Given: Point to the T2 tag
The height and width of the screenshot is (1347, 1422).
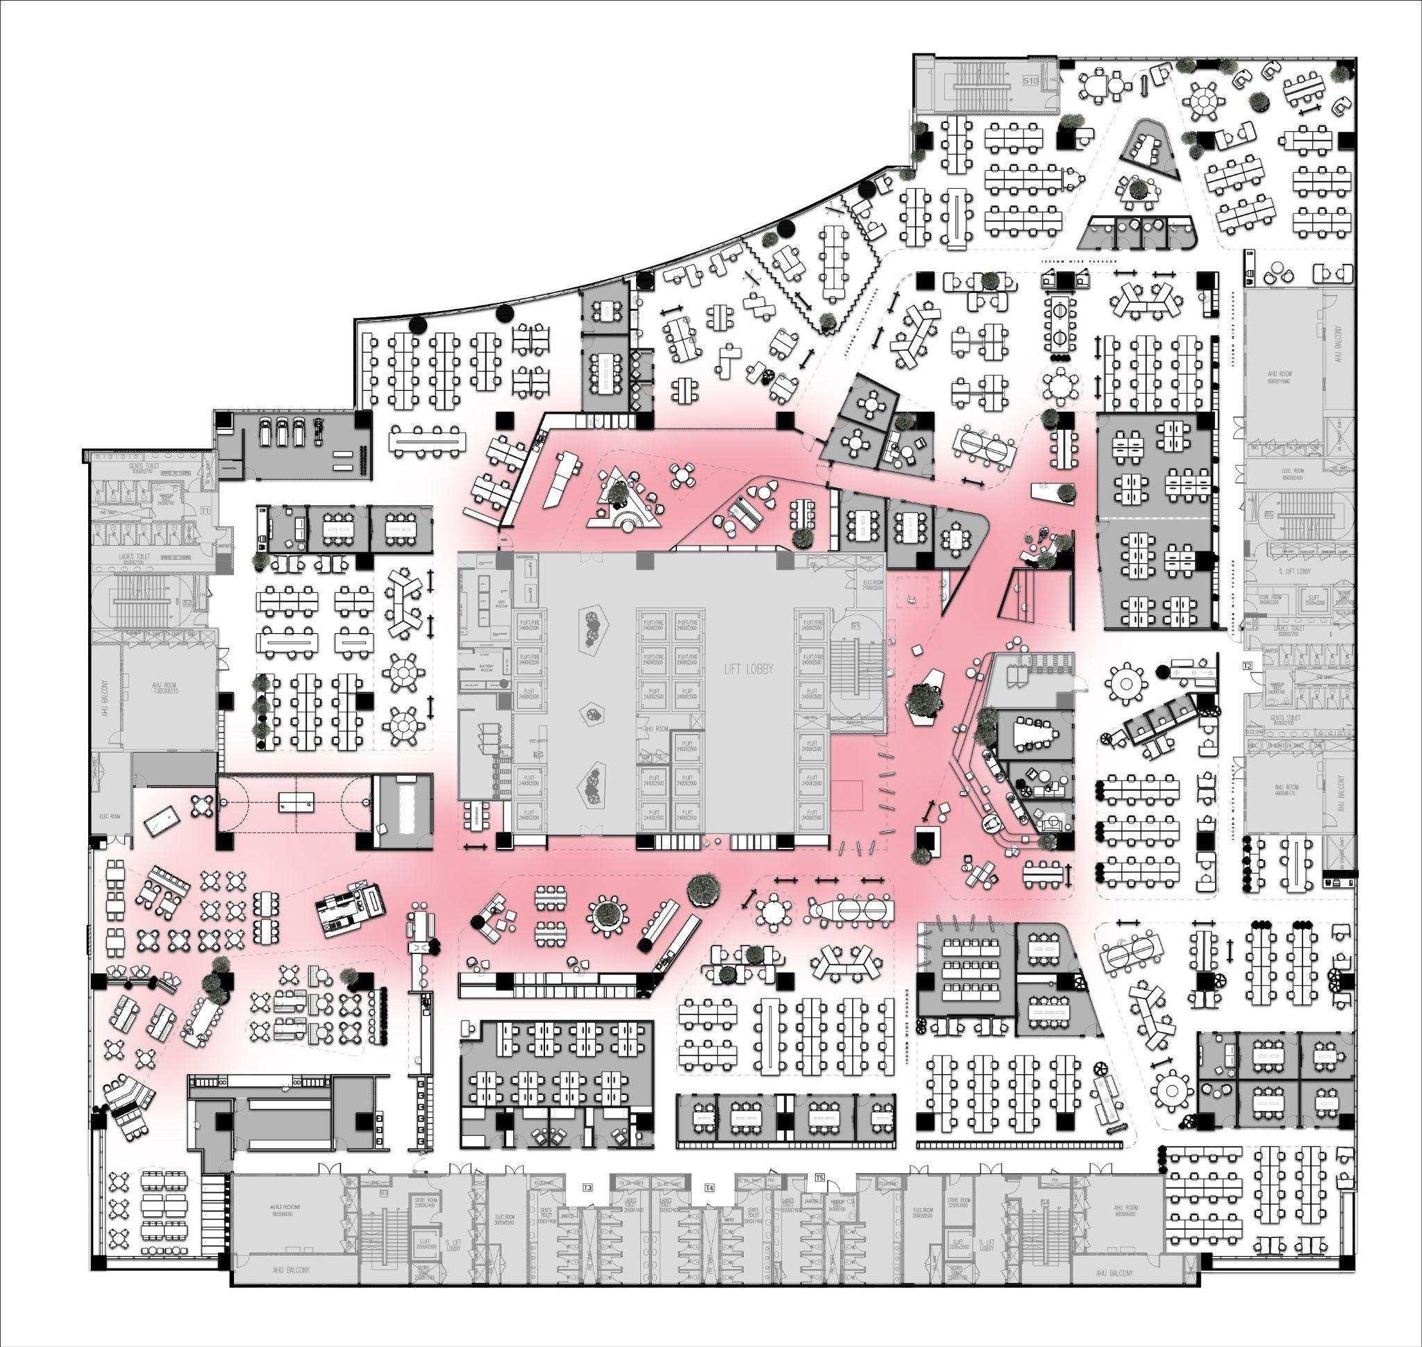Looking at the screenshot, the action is point(1248,667).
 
